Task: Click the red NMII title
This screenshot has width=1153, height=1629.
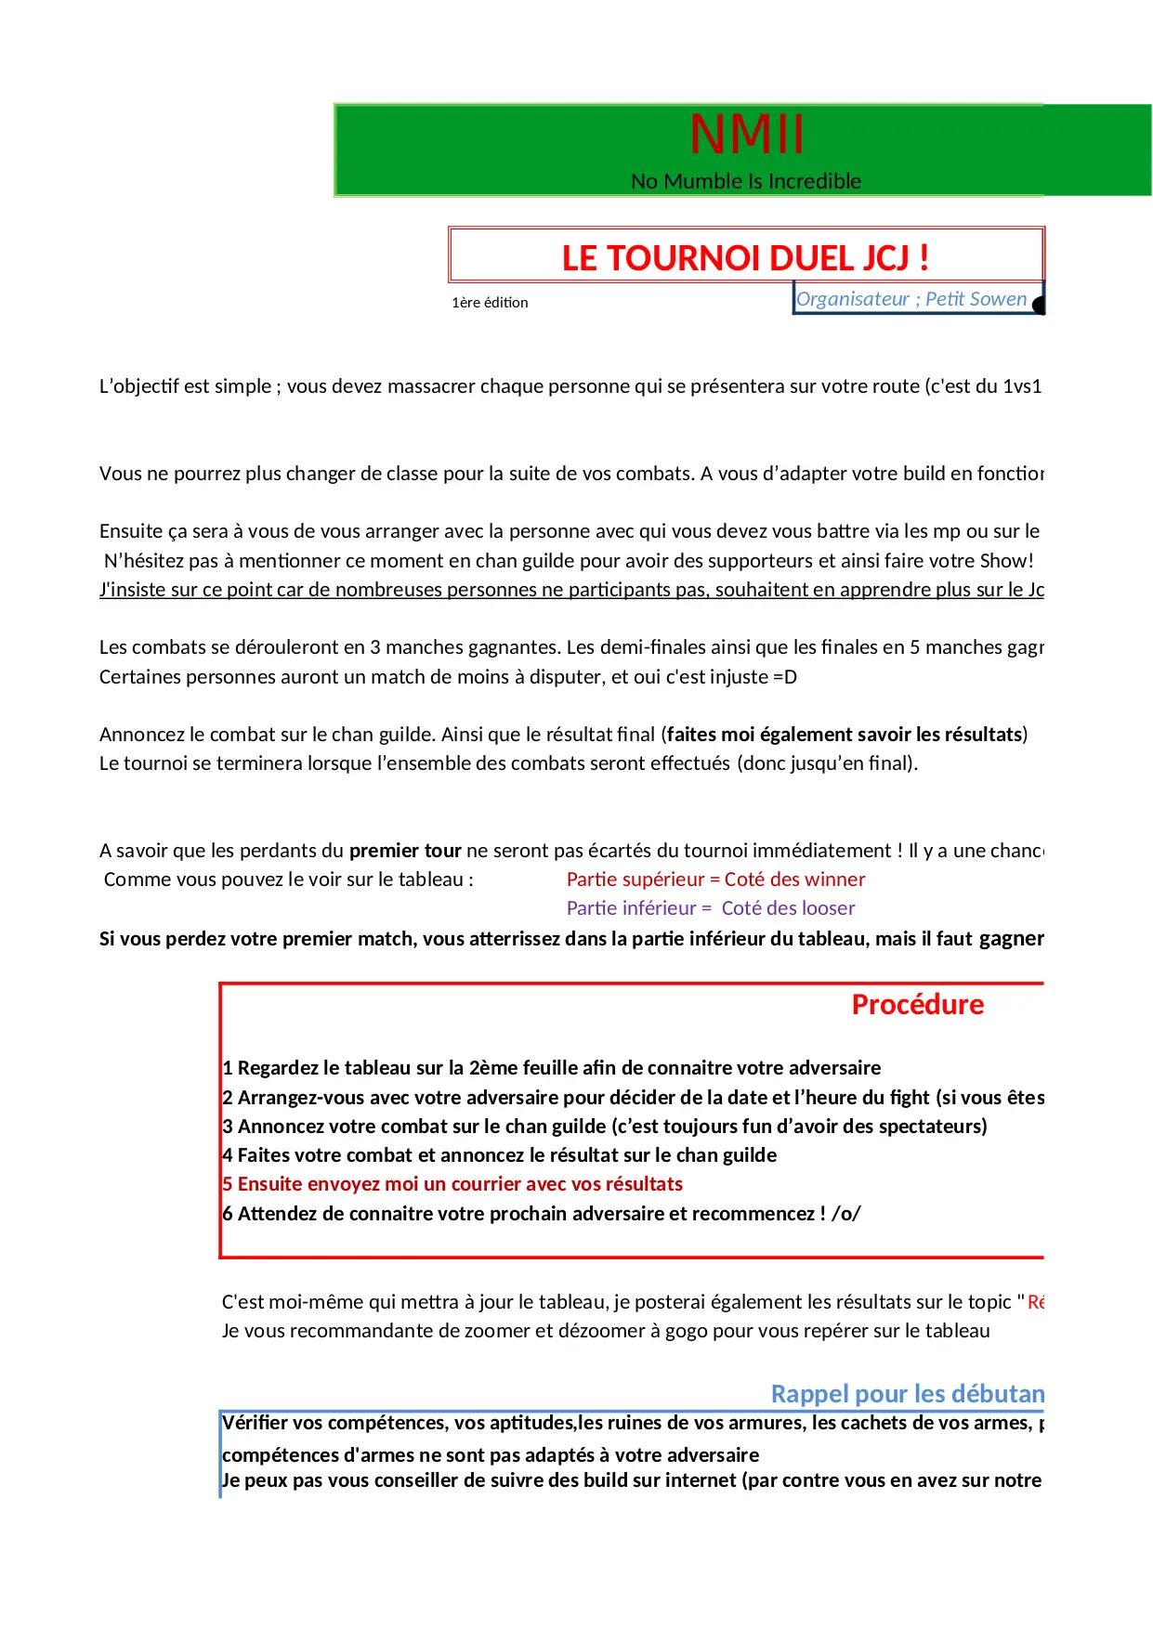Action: [x=746, y=135]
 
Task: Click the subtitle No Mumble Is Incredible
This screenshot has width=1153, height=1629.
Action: [x=746, y=181]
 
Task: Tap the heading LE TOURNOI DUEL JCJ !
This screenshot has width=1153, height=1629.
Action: [x=745, y=258]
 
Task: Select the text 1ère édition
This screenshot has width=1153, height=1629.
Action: [x=490, y=303]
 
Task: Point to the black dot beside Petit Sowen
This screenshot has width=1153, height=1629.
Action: [x=1039, y=305]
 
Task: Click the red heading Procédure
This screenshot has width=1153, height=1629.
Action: [x=917, y=1005]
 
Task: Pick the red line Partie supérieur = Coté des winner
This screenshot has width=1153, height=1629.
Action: [x=715, y=880]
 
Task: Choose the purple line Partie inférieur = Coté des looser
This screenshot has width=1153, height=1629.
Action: [x=711, y=908]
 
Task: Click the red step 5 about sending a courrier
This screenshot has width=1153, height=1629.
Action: [x=452, y=1184]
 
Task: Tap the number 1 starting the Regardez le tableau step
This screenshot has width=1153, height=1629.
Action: [x=228, y=1068]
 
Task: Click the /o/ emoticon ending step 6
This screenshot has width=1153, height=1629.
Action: [x=845, y=1214]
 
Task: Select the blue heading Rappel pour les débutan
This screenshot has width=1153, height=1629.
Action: [x=908, y=1394]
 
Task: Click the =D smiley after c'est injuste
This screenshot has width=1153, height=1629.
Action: [x=785, y=677]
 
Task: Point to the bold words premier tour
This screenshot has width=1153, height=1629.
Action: [x=405, y=851]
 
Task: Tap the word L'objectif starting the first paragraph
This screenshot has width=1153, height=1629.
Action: [x=138, y=386]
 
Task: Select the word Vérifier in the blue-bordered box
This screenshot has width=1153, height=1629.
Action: [x=256, y=1423]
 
